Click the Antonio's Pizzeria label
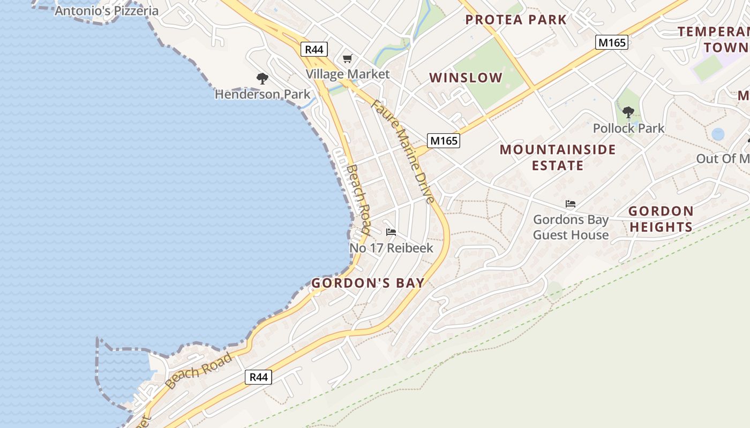(107, 11)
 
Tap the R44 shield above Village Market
(314, 50)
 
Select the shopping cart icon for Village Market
(348, 58)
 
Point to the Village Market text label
(348, 74)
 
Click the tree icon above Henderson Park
(262, 79)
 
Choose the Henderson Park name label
(262, 95)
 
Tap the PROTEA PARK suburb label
(515, 20)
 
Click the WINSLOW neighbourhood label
(466, 78)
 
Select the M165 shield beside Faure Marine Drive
(444, 141)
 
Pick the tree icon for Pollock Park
(628, 112)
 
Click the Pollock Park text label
(628, 128)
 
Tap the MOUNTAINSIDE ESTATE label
(558, 157)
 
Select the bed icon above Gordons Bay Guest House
(571, 204)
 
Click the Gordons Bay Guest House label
(571, 227)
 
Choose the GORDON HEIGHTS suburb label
(661, 219)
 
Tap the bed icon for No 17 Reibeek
(391, 232)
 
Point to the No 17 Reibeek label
(391, 248)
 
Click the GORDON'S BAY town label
(367, 283)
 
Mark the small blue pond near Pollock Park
(718, 134)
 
